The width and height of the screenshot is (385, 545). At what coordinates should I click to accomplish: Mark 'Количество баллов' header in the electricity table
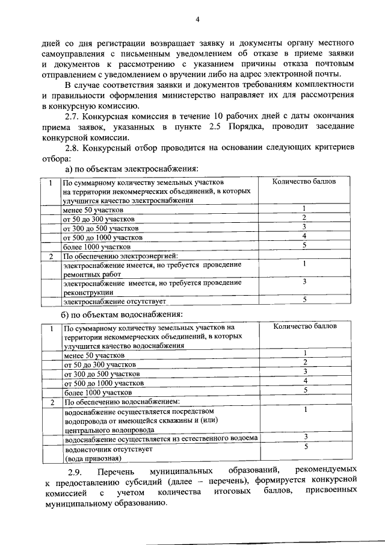click(x=304, y=181)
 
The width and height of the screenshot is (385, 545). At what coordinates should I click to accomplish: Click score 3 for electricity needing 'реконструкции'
click(x=305, y=282)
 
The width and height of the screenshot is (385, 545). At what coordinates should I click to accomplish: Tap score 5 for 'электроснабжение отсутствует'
click(x=305, y=299)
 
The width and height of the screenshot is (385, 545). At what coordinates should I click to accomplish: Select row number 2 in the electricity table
click(x=51, y=257)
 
